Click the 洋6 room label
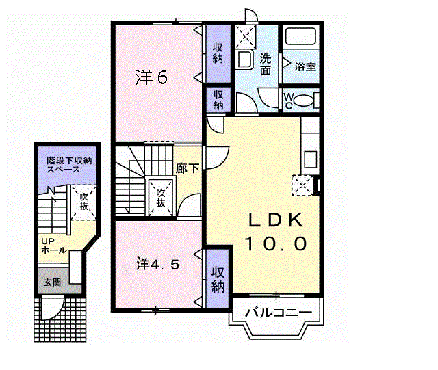click(151, 77)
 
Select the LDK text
click(276, 220)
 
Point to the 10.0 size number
click(276, 243)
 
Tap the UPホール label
click(53, 246)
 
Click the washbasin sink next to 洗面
click(245, 60)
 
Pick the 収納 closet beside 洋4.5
click(218, 278)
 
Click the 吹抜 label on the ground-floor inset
click(83, 202)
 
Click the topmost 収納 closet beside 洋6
click(218, 53)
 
